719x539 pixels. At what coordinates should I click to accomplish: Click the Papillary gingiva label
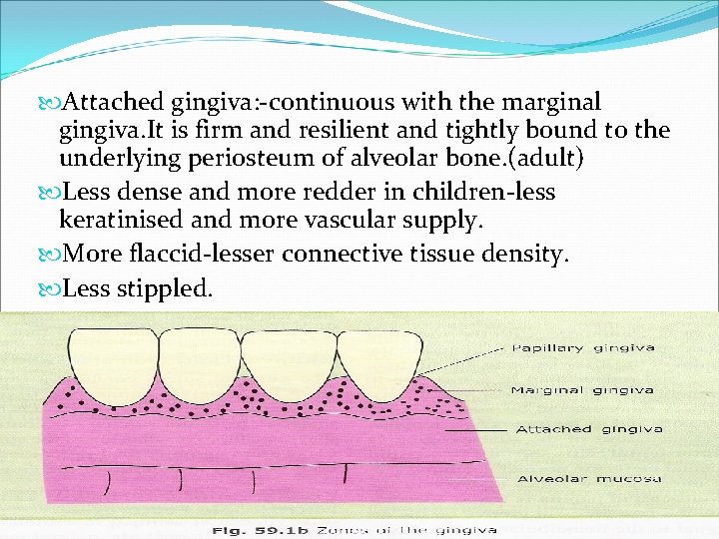click(583, 348)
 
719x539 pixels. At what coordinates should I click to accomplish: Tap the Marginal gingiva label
click(582, 389)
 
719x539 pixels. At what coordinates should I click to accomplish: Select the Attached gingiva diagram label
click(589, 429)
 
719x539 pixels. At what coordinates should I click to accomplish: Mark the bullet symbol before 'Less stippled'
click(51, 289)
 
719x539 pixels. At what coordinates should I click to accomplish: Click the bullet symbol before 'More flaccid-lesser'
click(51, 255)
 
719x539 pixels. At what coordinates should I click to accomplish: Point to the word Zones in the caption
click(339, 529)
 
